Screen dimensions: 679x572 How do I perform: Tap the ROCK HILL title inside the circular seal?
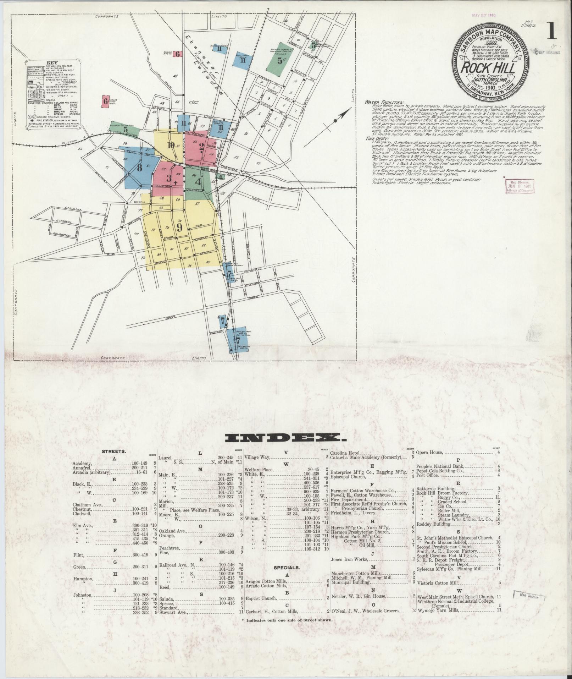pyautogui.click(x=488, y=68)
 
